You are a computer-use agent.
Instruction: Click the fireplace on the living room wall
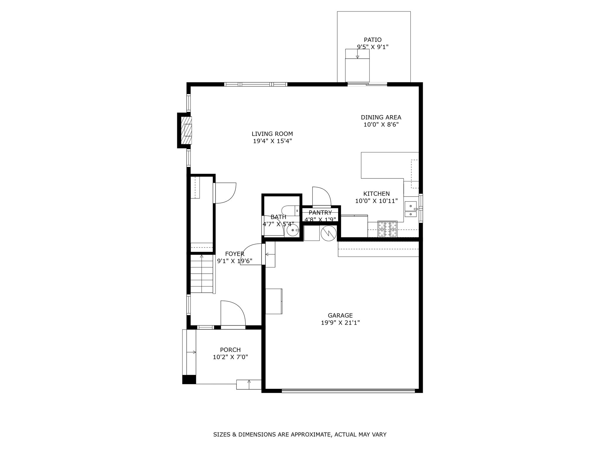186,130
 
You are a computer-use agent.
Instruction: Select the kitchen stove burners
388,229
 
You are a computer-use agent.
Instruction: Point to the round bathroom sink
293,230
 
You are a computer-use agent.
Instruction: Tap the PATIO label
373,40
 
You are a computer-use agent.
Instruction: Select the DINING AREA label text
381,117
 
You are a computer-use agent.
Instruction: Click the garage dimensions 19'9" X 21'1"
340,323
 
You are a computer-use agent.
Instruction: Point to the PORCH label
230,350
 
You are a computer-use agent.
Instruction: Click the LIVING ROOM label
272,134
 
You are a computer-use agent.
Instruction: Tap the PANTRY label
320,213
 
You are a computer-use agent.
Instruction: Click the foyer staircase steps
202,274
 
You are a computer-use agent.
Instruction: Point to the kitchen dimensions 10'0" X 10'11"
376,201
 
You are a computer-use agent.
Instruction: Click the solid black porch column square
189,379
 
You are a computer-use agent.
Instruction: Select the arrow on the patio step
357,54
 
